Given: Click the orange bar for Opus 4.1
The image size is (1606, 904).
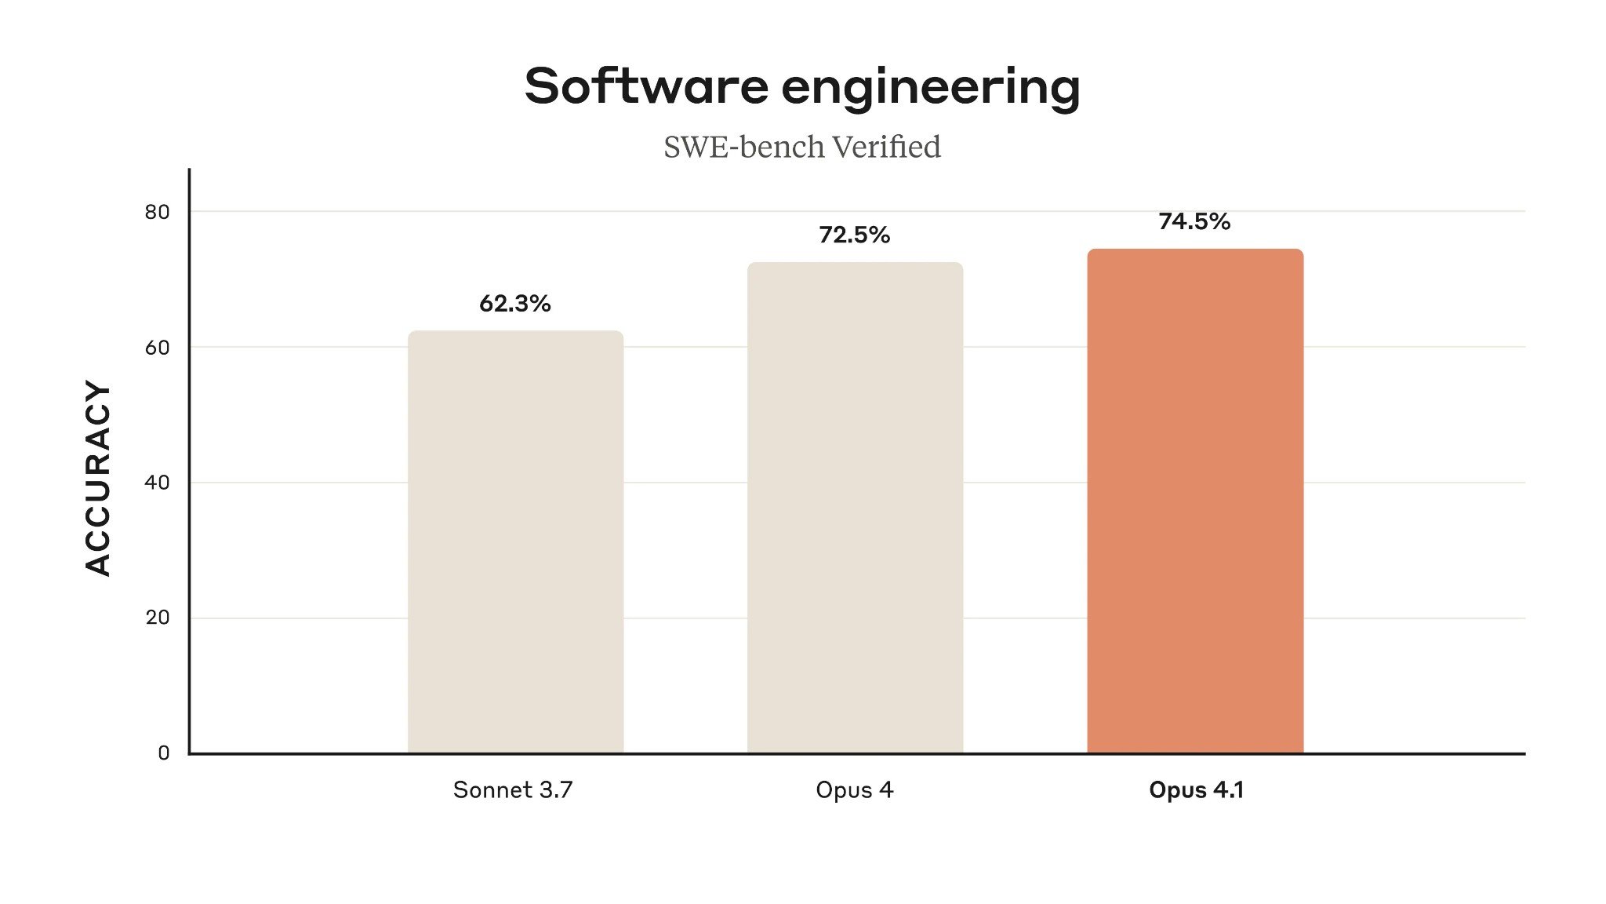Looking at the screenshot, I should [1195, 502].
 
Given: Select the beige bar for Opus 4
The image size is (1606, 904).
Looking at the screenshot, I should [855, 508].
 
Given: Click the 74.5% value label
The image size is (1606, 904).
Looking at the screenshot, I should [1194, 222].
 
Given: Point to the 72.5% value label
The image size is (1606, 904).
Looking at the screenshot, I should [854, 235].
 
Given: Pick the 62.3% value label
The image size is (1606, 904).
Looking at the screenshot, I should [514, 304].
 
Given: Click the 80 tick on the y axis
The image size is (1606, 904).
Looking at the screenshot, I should [157, 213].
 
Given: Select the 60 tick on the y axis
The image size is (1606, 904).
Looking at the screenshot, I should [157, 348].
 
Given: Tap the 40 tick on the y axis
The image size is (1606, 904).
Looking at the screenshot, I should [157, 483].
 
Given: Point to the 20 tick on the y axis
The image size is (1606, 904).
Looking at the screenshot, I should [157, 618].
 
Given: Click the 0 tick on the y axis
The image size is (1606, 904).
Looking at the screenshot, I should [163, 753].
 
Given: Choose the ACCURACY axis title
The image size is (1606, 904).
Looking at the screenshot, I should [98, 479].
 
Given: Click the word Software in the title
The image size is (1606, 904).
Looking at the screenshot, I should [645, 86].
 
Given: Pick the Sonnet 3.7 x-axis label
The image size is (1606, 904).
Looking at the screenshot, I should [513, 789].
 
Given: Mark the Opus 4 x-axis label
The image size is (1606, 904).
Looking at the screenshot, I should [854, 790].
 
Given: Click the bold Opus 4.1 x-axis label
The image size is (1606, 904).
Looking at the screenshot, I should [1196, 789].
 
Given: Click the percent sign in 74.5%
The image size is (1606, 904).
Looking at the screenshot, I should [1219, 222].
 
